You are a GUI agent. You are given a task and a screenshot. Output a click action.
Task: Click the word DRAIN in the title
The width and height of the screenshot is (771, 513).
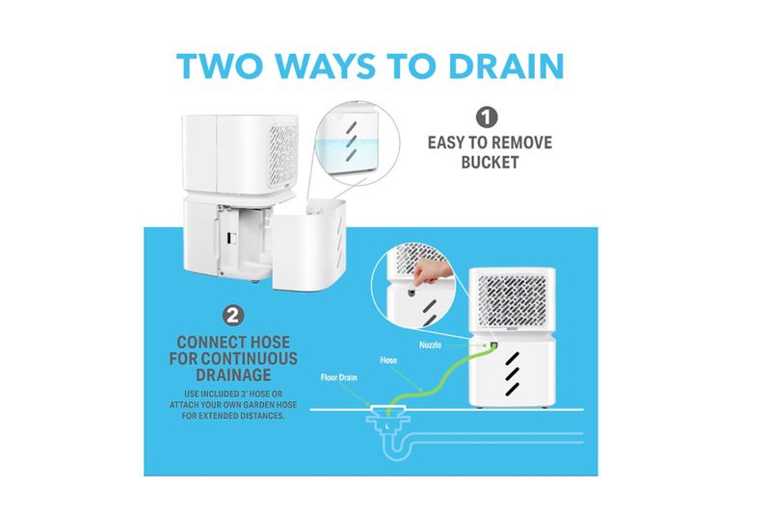(506, 65)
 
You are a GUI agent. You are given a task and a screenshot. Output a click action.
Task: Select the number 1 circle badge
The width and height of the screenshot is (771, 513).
(487, 117)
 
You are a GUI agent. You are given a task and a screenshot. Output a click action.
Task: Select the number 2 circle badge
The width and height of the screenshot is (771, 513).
(233, 316)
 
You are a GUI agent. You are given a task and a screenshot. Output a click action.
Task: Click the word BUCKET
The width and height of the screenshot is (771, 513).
(490, 163)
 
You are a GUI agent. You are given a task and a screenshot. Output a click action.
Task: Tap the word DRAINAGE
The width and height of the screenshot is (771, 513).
(233, 375)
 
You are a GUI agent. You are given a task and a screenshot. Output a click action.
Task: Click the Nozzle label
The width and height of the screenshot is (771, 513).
(430, 346)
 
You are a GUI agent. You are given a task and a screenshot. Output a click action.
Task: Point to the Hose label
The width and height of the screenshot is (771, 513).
(388, 360)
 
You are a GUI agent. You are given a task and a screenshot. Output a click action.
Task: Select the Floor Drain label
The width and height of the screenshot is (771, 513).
(339, 377)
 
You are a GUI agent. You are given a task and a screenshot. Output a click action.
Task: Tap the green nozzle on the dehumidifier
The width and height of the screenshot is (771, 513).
(493, 346)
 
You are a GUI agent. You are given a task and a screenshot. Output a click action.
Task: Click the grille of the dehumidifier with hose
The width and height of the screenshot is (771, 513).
(512, 300)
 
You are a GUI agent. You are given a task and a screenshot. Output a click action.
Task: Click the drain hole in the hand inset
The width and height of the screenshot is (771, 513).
(412, 293)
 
